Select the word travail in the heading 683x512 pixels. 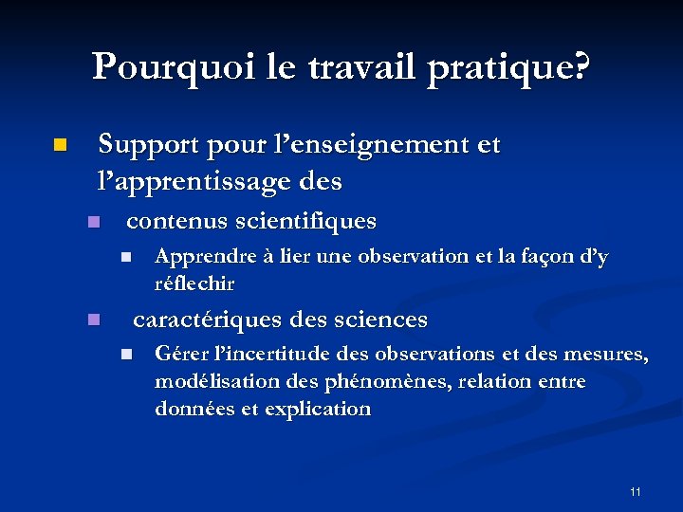click(x=369, y=66)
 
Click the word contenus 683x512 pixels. click(x=170, y=222)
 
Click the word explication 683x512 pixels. click(x=318, y=409)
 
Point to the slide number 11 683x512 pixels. click(x=635, y=491)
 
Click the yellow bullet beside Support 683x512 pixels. click(x=59, y=146)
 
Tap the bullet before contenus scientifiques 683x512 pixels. click(x=92, y=223)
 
